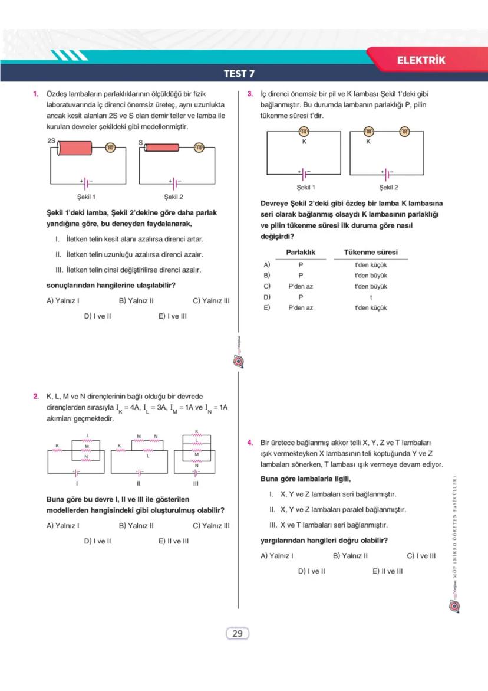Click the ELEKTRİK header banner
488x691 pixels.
(x=421, y=60)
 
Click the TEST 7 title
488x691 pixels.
(x=239, y=74)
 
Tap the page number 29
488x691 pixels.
(x=238, y=634)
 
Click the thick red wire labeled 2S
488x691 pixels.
(x=74, y=148)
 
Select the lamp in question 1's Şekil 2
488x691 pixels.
(x=199, y=148)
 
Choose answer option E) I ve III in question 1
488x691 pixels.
(x=173, y=316)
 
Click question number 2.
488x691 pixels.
(x=36, y=397)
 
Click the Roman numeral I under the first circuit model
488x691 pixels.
(x=76, y=483)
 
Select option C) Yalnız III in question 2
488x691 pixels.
(x=211, y=525)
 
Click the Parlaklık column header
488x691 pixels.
(x=301, y=252)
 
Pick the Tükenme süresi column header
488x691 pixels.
(x=371, y=252)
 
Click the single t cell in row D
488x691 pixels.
(x=371, y=297)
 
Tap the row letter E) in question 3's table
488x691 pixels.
(x=267, y=307)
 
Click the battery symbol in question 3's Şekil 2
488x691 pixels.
(x=387, y=175)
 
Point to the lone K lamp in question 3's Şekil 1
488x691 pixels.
(x=304, y=132)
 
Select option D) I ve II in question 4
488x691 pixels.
(x=311, y=571)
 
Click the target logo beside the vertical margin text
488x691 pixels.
(x=454, y=606)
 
